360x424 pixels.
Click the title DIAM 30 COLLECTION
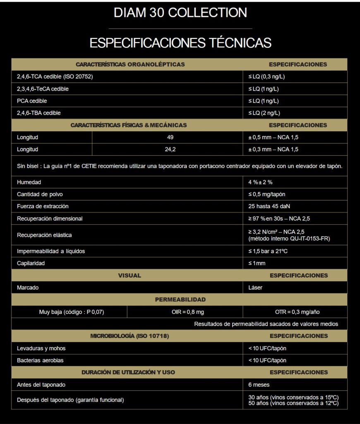[x=180, y=12]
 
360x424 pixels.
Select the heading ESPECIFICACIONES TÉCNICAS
[x=180, y=43]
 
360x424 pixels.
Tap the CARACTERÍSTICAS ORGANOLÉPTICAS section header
[x=130, y=65]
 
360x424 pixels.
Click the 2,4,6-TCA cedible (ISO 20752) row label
[x=52, y=77]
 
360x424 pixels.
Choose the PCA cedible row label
[x=32, y=101]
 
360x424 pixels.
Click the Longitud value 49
[x=170, y=137]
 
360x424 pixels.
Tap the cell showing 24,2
[x=170, y=149]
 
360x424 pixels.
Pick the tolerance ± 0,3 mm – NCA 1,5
[x=273, y=149]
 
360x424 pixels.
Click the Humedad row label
[x=29, y=182]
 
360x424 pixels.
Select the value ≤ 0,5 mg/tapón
[x=266, y=194]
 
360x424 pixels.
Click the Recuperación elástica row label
[x=44, y=235]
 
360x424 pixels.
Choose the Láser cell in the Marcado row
[x=255, y=287]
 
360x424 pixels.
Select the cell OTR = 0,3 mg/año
[x=297, y=312]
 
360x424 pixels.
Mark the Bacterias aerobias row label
[x=40, y=360]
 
